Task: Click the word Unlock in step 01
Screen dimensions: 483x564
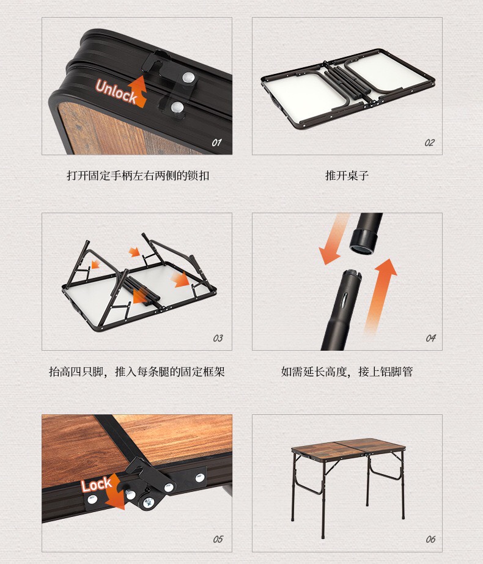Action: (x=116, y=92)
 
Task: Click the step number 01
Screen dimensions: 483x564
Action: (x=216, y=143)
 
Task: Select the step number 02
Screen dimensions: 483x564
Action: (x=429, y=143)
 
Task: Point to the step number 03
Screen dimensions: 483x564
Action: (x=218, y=338)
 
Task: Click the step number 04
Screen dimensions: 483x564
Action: (x=431, y=338)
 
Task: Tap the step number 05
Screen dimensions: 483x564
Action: (x=218, y=539)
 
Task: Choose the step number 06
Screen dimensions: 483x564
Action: (x=430, y=539)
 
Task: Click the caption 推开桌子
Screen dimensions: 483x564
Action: (x=347, y=175)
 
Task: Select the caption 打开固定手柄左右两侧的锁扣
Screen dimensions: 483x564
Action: (x=138, y=175)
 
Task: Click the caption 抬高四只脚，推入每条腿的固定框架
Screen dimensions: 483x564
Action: (x=137, y=372)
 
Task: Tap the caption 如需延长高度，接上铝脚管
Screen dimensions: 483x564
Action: (x=347, y=372)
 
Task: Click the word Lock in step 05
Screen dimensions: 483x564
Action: (x=97, y=485)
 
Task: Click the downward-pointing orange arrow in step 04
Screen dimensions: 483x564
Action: (x=333, y=239)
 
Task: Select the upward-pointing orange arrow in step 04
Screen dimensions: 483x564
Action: (x=381, y=295)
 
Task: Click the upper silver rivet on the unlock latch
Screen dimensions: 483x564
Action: (x=188, y=78)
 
